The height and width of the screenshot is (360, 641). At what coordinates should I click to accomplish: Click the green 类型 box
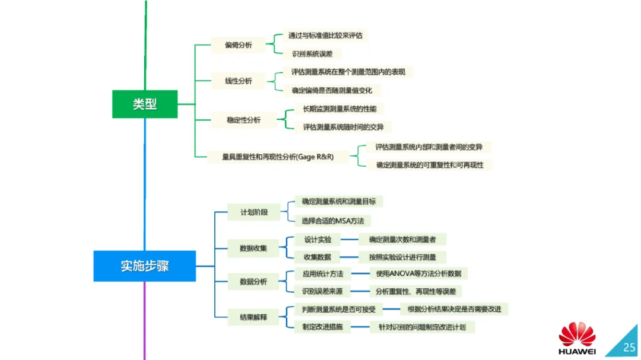pos(145,104)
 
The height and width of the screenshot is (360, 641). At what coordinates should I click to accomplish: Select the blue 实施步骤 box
pos(145,266)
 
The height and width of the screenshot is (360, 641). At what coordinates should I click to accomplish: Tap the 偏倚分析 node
pos(238,45)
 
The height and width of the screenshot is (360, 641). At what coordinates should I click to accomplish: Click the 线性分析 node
pos(238,81)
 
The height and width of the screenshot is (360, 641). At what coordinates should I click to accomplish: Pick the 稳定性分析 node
pos(243,120)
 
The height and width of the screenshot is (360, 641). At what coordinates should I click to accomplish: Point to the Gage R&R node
pos(278,157)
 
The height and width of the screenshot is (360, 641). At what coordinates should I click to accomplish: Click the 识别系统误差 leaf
pos(312,54)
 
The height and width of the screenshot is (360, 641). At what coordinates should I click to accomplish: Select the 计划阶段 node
pos(254,212)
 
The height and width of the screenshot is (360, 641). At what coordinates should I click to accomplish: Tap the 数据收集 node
pos(253,248)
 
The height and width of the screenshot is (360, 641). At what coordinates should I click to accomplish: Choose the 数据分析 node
pos(253,282)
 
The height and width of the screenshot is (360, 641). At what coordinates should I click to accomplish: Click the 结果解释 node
pos(253,317)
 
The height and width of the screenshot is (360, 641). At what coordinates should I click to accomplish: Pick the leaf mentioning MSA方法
pos(332,221)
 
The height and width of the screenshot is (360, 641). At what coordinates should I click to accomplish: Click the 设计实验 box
pos(318,240)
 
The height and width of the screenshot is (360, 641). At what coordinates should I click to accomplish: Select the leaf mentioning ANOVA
pos(418,273)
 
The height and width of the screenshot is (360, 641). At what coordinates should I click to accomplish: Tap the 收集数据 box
pos(318,257)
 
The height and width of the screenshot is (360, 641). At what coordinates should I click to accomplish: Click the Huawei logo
pos(576,337)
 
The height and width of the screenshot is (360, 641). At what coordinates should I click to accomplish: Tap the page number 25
pos(629,346)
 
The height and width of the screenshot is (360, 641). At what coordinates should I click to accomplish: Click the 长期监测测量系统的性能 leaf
pos(339,109)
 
